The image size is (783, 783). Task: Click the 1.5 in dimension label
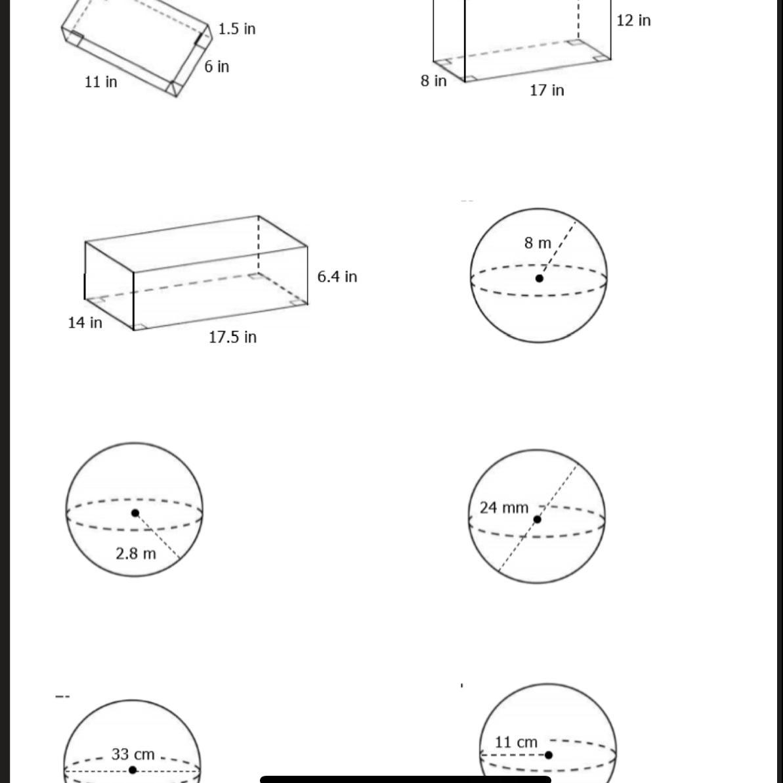[x=237, y=29]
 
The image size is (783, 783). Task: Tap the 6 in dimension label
[x=217, y=66]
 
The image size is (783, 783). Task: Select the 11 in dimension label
[x=101, y=81]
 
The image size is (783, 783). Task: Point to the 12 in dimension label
[x=634, y=20]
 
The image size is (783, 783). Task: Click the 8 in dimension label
[x=433, y=80]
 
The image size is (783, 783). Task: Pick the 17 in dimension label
[x=547, y=91]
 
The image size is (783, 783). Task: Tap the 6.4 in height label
[x=337, y=277]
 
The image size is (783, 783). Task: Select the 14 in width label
[x=85, y=323]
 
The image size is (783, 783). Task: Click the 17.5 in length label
[x=233, y=337]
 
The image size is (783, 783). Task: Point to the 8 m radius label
[x=538, y=243]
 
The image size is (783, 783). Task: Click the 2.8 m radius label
[x=136, y=554]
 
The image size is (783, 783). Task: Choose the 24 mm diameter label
[x=504, y=508]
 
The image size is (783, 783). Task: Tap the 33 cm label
[x=133, y=754]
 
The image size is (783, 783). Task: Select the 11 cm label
[x=516, y=742]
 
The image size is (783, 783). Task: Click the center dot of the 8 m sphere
[x=540, y=279]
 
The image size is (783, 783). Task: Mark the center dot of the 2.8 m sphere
[x=135, y=513]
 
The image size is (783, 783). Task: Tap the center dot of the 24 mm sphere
[x=538, y=520]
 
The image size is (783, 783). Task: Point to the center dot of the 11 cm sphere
[x=548, y=755]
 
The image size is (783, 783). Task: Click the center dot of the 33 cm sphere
[x=133, y=771]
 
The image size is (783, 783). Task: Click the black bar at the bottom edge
[x=406, y=780]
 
